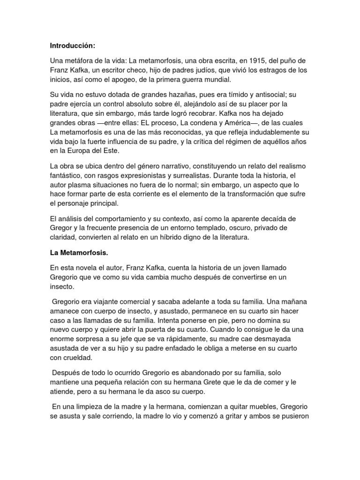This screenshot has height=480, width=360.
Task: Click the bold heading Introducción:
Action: (73, 46)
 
